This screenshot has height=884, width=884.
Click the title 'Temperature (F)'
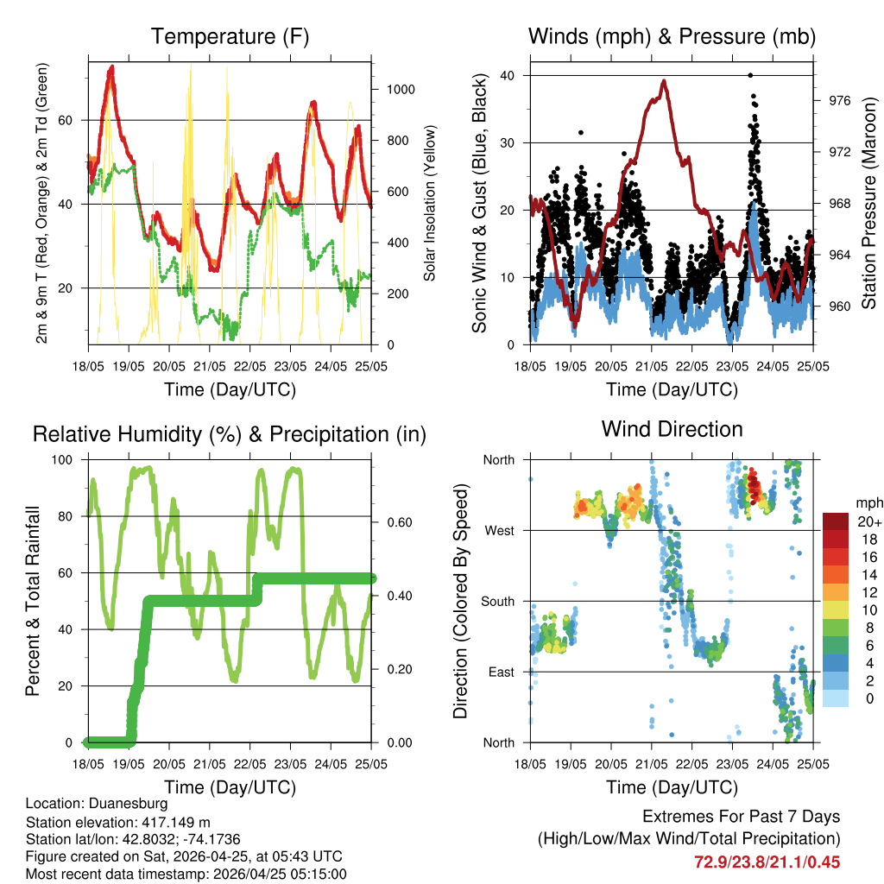tap(230, 37)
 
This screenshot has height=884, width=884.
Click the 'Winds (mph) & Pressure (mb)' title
tap(672, 37)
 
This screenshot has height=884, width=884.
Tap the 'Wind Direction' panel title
tap(672, 429)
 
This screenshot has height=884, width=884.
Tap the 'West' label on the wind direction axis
tap(499, 531)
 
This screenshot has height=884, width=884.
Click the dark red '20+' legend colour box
tap(836, 521)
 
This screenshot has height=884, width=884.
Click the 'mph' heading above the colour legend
tap(868, 502)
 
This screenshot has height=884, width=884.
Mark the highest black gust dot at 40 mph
tap(750, 75)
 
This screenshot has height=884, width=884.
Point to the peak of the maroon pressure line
tap(664, 81)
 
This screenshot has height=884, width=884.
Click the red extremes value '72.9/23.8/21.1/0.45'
tap(767, 862)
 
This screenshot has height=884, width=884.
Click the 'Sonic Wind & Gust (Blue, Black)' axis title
tap(479, 203)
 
